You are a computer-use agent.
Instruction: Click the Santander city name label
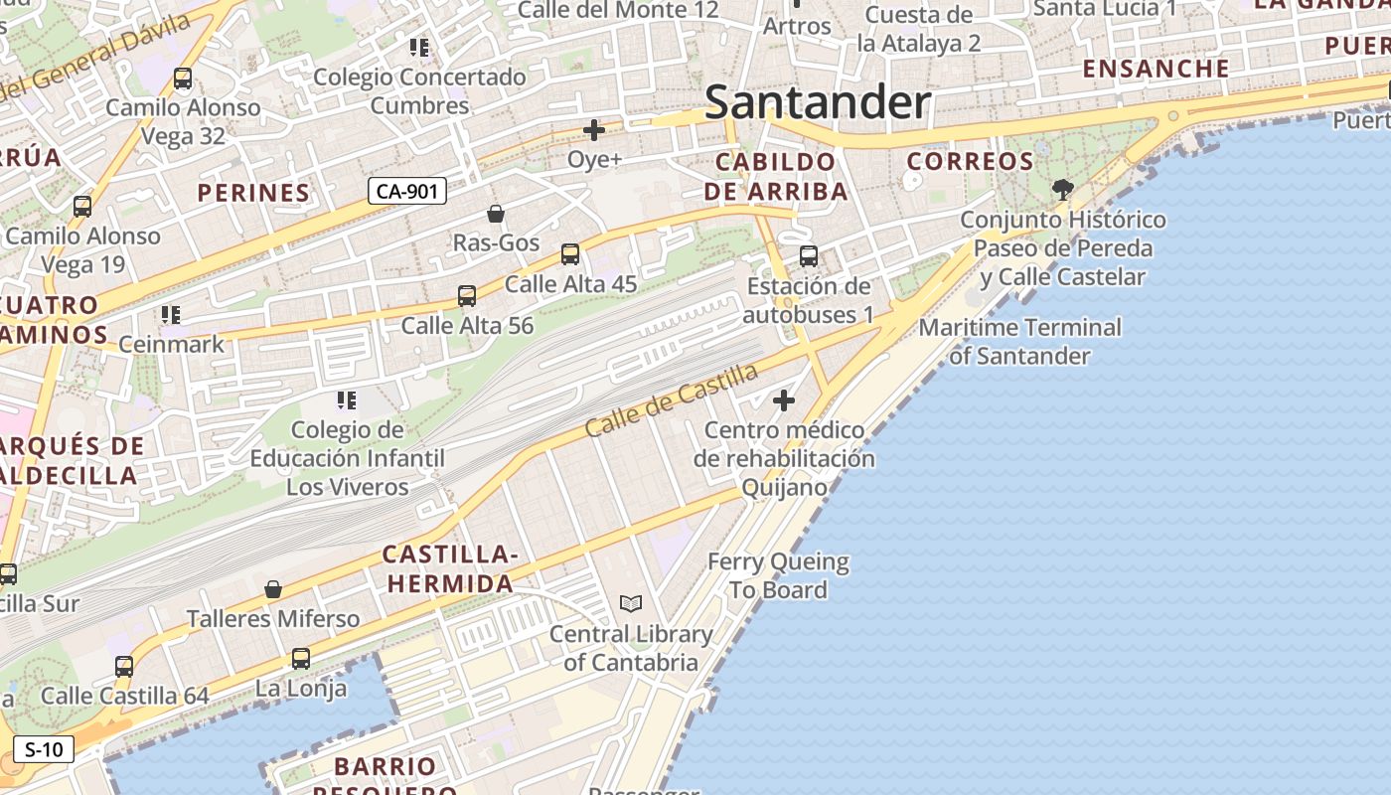click(x=817, y=102)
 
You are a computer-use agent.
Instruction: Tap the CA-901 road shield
click(x=407, y=191)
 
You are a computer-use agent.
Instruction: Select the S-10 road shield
click(x=44, y=749)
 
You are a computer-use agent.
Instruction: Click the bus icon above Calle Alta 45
click(x=570, y=254)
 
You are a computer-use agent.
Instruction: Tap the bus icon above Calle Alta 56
click(x=467, y=296)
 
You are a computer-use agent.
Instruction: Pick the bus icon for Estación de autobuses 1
click(x=809, y=256)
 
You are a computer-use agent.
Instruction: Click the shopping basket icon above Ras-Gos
click(x=496, y=214)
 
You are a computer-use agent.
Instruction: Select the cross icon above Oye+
click(x=594, y=130)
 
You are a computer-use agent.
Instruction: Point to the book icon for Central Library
click(x=631, y=604)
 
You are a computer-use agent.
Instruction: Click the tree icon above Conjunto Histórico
click(x=1062, y=189)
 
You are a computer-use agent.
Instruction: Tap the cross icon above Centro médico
click(x=784, y=400)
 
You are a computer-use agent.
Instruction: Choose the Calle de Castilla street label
click(x=672, y=400)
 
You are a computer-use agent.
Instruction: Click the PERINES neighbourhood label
click(x=253, y=193)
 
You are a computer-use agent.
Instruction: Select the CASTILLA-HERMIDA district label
click(x=450, y=568)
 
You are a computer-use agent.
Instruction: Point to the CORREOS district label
click(x=970, y=161)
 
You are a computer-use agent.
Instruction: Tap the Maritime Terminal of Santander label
click(x=1019, y=341)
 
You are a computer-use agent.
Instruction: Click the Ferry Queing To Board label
click(x=778, y=576)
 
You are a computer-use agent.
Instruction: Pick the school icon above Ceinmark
click(x=171, y=315)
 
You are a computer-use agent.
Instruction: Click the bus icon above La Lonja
click(x=301, y=658)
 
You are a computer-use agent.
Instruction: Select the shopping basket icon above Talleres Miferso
click(x=273, y=590)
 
